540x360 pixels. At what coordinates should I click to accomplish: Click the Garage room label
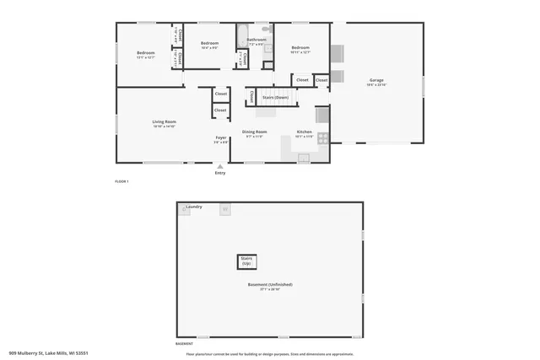[x=376, y=81]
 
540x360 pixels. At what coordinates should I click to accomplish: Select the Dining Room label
[x=255, y=132]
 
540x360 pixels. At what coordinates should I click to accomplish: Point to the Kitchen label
[x=305, y=132]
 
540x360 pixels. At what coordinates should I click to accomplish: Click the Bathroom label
[x=256, y=40]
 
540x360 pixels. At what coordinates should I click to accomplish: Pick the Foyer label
[x=220, y=137]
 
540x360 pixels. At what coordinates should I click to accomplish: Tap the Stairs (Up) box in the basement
[x=247, y=261]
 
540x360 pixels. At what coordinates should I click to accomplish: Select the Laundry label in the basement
[x=194, y=207]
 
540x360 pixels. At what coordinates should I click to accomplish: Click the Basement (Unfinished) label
[x=270, y=284]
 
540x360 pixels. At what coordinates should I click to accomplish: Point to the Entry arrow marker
[x=220, y=166]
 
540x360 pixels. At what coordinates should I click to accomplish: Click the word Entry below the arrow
[x=220, y=173]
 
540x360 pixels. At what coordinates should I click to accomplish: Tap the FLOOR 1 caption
[x=122, y=181]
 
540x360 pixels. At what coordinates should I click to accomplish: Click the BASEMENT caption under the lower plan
[x=184, y=344]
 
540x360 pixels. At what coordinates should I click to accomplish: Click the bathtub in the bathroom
[x=242, y=39]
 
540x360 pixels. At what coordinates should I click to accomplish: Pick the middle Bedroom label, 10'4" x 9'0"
[x=209, y=43]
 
